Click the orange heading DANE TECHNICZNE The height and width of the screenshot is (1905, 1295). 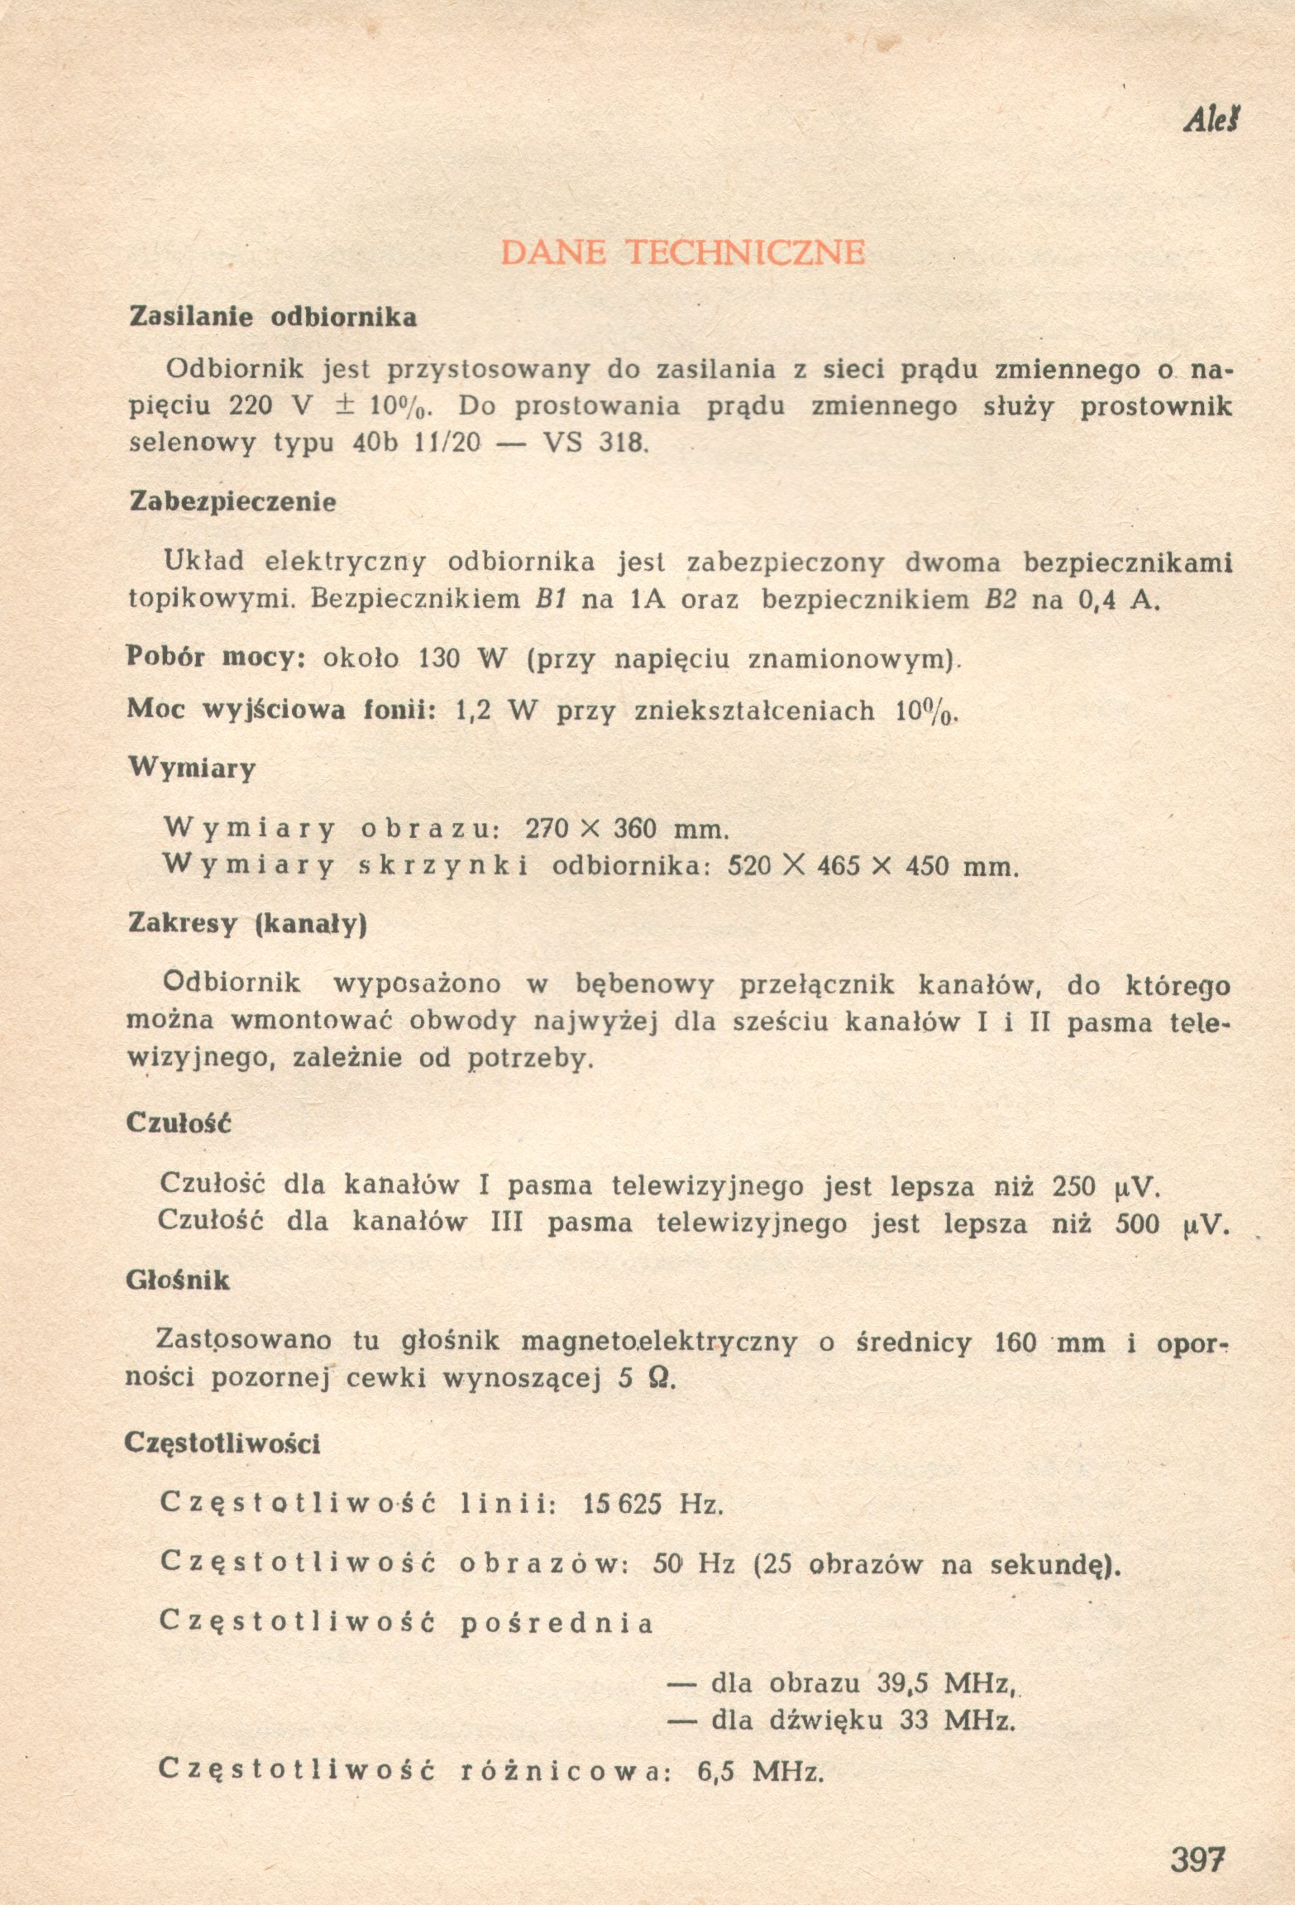coord(683,251)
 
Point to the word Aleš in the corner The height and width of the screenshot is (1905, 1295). coord(1214,122)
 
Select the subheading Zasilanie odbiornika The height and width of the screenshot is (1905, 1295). coord(273,318)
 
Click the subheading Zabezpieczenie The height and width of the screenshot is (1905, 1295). coord(233,502)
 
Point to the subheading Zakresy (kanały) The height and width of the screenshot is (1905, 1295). coord(247,924)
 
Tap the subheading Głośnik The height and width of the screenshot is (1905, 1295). coord(178,1280)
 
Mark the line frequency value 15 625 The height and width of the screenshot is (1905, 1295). coord(622,1503)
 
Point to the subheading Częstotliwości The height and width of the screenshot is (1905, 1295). coord(222,1443)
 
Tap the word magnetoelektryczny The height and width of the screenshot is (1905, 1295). coord(658,1342)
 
